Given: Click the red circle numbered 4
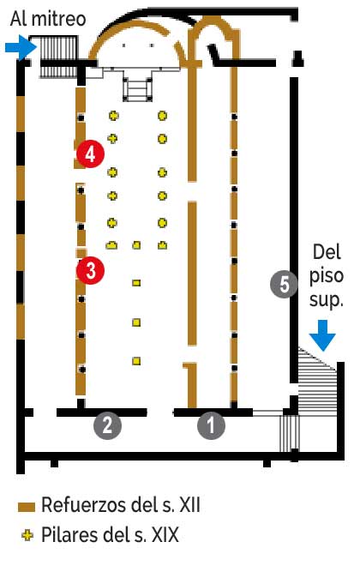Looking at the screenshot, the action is click(x=90, y=154).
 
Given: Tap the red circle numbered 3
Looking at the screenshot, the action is click(x=90, y=270).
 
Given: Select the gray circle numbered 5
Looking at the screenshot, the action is click(x=285, y=284).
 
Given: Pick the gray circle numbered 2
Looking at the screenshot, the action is click(x=107, y=425).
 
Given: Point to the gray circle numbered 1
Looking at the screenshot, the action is click(x=211, y=425).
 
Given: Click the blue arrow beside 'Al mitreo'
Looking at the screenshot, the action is click(x=21, y=47).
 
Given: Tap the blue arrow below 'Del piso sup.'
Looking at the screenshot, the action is click(x=322, y=335).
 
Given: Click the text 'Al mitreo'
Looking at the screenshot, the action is click(x=48, y=19).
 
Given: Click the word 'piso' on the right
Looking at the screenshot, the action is click(x=327, y=276).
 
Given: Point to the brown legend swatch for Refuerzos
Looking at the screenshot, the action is click(x=27, y=507).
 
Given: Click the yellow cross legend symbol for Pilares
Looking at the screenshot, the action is click(x=27, y=535).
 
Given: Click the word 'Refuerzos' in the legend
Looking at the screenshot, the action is click(x=84, y=504).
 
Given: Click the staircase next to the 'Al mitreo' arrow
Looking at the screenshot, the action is click(x=58, y=57).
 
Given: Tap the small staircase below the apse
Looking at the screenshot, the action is click(x=136, y=87).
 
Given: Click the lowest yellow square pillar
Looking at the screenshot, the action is click(x=136, y=360).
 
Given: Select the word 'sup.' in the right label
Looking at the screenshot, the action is click(x=326, y=299).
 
